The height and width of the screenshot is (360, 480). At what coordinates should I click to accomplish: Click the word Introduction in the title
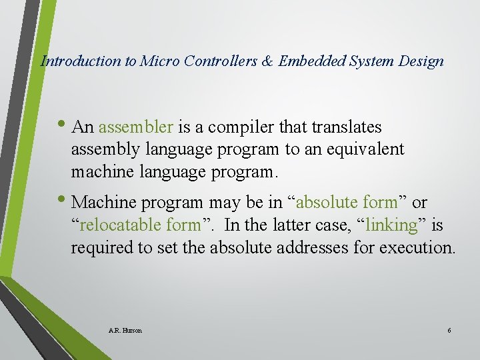[81, 61]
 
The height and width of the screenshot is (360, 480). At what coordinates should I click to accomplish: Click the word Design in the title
[421, 61]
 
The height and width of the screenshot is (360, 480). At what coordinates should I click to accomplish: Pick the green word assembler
[136, 127]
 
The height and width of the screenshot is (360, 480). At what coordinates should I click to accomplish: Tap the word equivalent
[365, 149]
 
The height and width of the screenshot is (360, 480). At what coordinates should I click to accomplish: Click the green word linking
[391, 225]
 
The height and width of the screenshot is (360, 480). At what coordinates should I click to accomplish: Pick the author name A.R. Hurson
[125, 330]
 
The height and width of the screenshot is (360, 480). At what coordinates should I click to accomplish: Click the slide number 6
[449, 330]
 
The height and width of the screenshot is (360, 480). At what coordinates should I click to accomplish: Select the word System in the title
[372, 61]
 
